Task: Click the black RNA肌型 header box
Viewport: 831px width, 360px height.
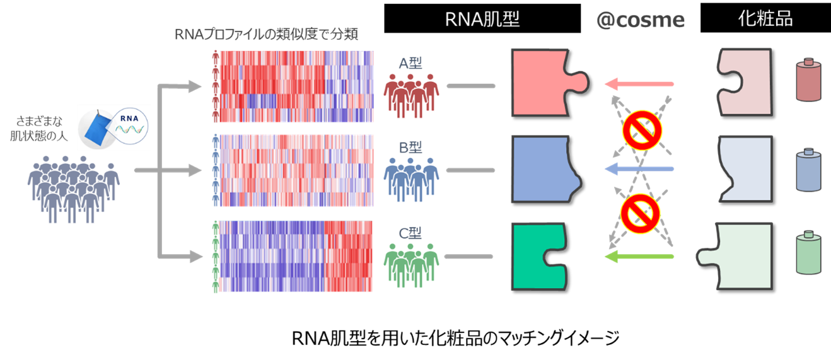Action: [482, 19]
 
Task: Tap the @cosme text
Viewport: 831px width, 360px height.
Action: [640, 20]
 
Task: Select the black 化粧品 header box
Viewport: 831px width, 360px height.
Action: [765, 19]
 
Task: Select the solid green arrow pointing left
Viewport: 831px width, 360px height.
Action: [638, 256]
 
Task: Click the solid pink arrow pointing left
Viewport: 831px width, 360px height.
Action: [638, 83]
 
